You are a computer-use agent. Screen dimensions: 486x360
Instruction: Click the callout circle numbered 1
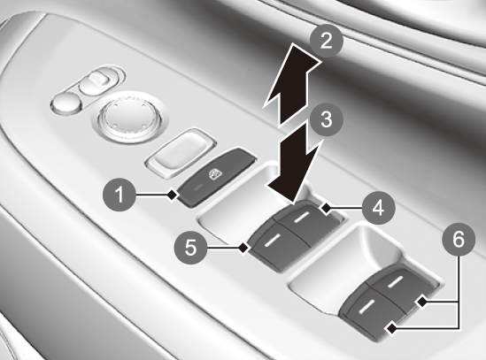point(120,195)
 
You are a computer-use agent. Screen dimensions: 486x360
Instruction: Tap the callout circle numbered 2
point(326,42)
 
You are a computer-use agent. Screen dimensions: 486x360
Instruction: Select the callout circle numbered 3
point(326,119)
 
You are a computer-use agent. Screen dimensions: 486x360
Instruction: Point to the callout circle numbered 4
point(379,208)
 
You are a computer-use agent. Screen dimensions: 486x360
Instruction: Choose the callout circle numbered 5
point(190,248)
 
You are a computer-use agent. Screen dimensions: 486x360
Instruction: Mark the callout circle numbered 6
point(459,240)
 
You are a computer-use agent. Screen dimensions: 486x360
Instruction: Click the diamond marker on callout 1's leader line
point(173,195)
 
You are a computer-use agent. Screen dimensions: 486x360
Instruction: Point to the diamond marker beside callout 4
point(327,208)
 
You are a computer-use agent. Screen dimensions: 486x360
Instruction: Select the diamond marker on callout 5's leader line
point(244,248)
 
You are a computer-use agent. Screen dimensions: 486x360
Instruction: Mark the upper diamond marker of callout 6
point(422,303)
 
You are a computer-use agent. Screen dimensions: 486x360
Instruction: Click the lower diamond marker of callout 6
point(392,328)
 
